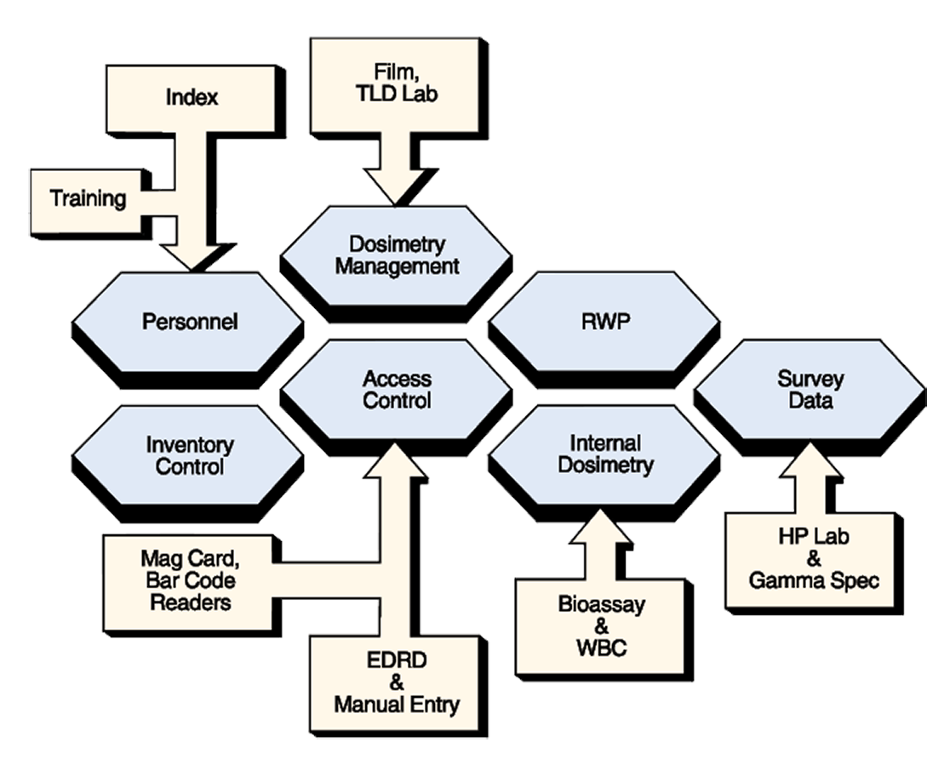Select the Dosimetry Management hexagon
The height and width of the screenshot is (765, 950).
397,255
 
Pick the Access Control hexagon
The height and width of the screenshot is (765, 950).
397,389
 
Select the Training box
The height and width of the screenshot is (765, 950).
88,200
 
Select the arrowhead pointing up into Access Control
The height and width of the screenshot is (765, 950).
397,459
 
